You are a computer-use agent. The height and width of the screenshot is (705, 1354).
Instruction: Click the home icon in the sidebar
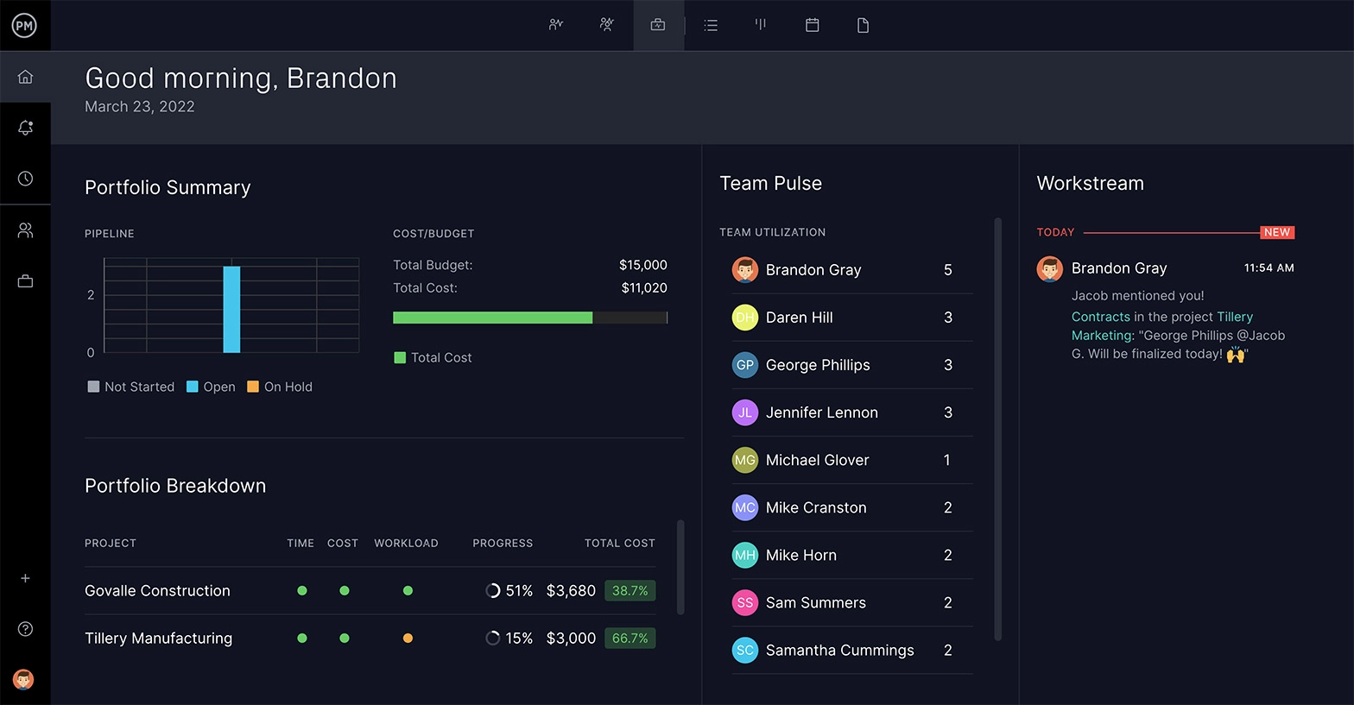point(25,77)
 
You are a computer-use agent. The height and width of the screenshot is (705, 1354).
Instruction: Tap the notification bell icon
point(25,128)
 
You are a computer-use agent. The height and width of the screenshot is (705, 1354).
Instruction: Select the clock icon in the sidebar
point(25,179)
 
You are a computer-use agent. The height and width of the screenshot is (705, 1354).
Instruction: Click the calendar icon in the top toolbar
point(812,25)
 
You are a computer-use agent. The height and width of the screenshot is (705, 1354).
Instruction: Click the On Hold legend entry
point(280,387)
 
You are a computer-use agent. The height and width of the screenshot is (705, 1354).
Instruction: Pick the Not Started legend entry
point(131,387)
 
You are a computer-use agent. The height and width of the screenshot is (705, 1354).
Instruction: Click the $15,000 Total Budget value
point(642,265)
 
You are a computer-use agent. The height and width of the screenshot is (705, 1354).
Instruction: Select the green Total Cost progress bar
point(492,318)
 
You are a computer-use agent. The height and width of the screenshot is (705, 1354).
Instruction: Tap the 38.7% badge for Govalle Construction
point(630,591)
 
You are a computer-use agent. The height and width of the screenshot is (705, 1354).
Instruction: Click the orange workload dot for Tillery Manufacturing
point(408,639)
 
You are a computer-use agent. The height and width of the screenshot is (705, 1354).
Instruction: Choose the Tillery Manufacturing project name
point(158,639)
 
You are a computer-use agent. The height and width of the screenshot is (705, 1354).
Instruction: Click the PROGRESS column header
point(503,544)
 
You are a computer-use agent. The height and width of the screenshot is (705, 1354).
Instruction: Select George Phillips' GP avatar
point(744,365)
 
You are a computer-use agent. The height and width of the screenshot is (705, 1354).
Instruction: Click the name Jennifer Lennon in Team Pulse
point(821,412)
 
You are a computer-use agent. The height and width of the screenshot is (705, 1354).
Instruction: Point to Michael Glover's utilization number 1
point(947,460)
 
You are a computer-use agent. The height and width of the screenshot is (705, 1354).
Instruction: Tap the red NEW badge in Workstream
point(1276,232)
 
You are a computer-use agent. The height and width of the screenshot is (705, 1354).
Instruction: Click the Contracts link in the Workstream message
point(1100,317)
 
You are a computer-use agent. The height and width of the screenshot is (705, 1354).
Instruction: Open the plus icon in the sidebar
point(25,578)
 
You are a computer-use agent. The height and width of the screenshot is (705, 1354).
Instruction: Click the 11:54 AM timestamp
point(1269,268)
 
